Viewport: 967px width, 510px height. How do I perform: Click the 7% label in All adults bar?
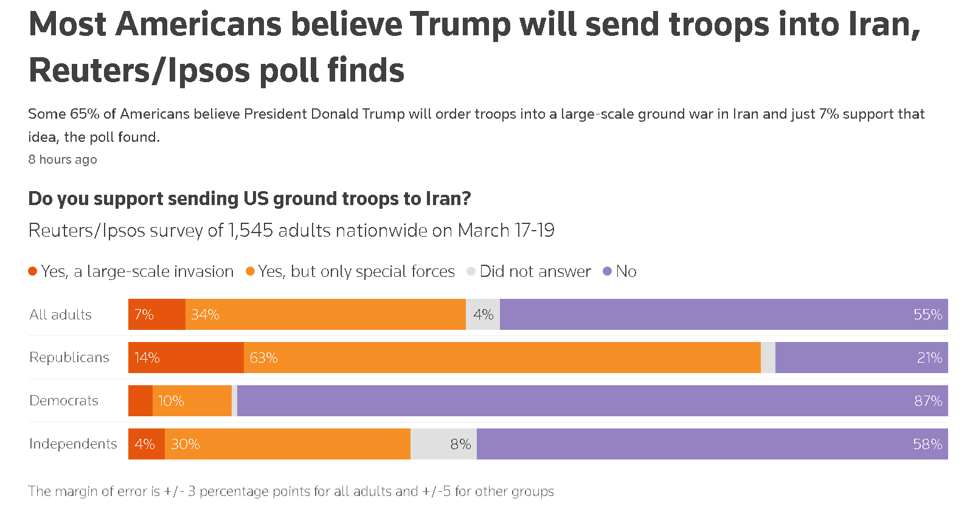click(x=144, y=315)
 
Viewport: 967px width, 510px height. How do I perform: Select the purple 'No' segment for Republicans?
click(x=861, y=358)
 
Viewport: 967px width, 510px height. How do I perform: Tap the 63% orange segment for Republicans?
click(x=502, y=358)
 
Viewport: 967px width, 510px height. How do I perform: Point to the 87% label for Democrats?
click(x=928, y=401)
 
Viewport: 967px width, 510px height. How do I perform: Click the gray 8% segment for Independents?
click(x=443, y=444)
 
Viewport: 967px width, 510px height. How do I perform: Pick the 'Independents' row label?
click(x=73, y=444)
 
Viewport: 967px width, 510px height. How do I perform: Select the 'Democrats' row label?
click(x=64, y=400)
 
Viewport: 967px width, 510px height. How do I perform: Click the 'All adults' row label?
click(x=61, y=315)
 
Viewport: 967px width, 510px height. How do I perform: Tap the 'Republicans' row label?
click(x=69, y=357)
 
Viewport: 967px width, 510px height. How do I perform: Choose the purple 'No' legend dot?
click(x=607, y=271)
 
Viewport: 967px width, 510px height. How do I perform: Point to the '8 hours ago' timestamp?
click(x=63, y=159)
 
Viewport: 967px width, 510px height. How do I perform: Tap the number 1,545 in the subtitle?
click(x=249, y=231)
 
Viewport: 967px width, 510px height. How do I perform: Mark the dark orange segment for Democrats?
click(x=140, y=401)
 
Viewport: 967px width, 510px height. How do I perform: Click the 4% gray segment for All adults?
click(x=483, y=315)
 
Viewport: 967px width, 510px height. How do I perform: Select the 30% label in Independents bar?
click(x=185, y=444)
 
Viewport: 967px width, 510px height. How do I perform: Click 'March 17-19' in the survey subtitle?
click(x=506, y=231)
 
